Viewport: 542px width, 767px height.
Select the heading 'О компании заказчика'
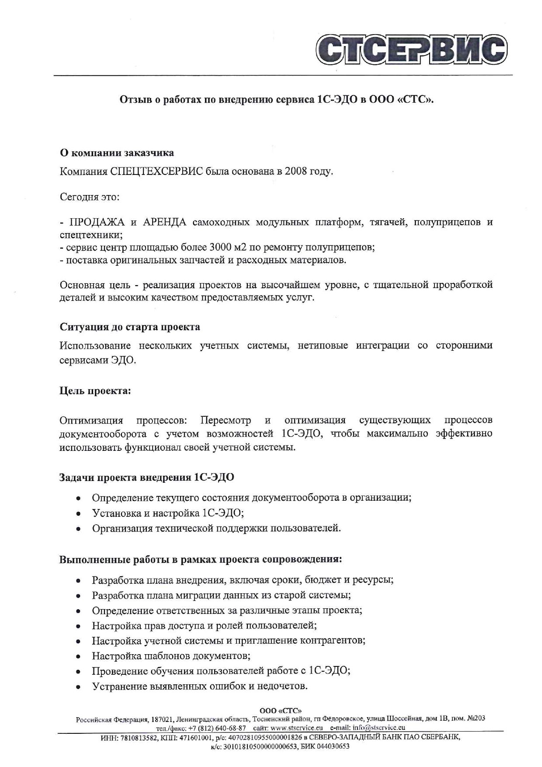117,153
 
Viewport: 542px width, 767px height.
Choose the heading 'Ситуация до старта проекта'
130,327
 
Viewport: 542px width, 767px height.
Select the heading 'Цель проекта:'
95,391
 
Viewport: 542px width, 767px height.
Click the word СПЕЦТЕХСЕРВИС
156,171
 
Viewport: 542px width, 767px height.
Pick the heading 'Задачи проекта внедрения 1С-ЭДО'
147,478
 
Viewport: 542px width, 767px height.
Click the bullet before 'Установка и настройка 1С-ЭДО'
78,513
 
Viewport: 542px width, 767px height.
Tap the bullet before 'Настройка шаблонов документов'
78,656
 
